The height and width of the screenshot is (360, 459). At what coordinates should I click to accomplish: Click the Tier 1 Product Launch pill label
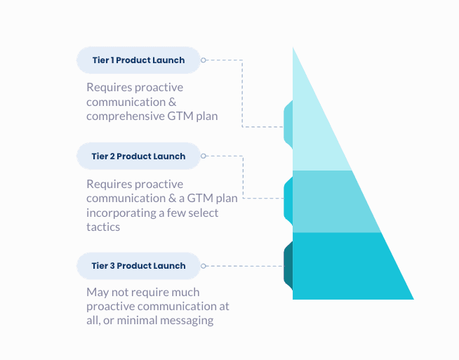[138, 60]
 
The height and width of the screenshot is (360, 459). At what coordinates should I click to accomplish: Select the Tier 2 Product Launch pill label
[138, 156]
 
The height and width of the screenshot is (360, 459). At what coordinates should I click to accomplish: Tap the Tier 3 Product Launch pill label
[138, 266]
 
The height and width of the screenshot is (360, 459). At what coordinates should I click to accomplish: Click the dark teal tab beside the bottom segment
[288, 266]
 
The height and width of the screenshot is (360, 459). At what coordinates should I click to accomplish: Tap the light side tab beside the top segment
[288, 123]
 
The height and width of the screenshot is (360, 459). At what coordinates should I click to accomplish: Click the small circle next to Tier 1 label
[204, 60]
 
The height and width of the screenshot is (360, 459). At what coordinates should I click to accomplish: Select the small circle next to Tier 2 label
[204, 156]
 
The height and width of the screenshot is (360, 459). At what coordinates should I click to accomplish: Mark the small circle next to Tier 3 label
[204, 266]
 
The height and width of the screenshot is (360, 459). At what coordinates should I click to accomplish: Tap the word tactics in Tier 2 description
[103, 227]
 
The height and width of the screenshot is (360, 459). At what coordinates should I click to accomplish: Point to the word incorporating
[119, 213]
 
